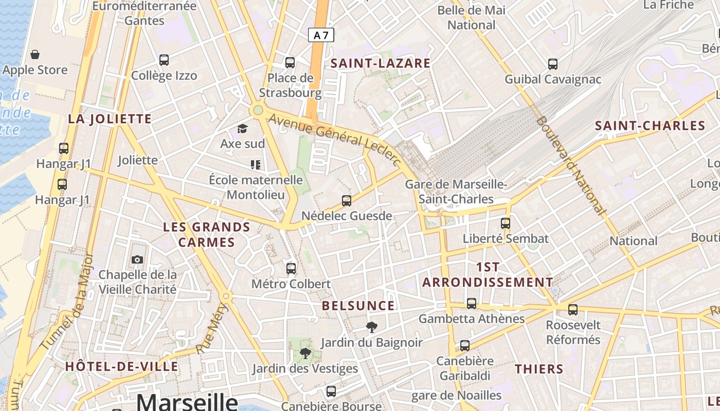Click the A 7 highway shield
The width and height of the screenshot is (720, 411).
tap(321, 35)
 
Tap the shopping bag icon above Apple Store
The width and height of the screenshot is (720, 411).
tap(35, 54)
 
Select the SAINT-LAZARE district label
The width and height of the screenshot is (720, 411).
tap(380, 63)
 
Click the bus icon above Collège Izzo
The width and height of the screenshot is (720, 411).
tap(164, 60)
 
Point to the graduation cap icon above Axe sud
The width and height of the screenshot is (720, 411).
tap(242, 128)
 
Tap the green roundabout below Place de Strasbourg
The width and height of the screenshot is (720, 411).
tap(258, 110)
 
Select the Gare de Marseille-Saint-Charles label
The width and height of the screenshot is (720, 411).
tap(456, 192)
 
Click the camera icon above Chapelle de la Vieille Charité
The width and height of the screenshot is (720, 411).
tap(137, 259)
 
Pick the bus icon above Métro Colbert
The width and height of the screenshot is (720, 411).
tap(291, 268)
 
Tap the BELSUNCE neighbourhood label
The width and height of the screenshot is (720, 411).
tap(358, 306)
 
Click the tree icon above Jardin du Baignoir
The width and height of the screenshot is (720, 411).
tap(371, 327)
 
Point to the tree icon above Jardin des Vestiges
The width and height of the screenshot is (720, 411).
tap(305, 353)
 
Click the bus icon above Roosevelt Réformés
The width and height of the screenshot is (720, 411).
tap(573, 310)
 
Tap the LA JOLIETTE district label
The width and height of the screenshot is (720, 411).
tap(110, 119)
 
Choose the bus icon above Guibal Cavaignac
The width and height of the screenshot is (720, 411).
tap(553, 64)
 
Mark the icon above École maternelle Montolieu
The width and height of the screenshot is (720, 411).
tap(256, 165)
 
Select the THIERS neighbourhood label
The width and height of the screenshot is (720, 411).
tap(539, 368)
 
